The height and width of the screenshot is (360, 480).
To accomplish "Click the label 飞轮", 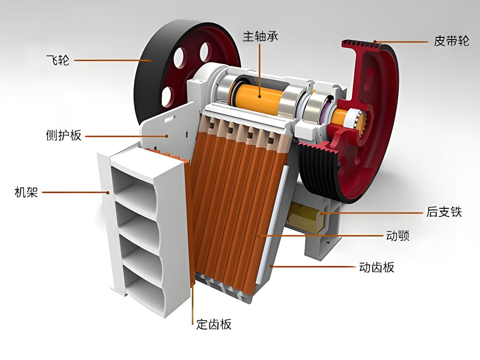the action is click(x=58, y=60).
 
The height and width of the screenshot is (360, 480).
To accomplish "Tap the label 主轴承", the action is click(x=261, y=36).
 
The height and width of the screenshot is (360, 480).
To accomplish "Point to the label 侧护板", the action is click(x=63, y=135).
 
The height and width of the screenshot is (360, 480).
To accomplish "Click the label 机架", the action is click(x=26, y=192).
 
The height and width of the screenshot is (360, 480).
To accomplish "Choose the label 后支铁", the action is click(x=444, y=212).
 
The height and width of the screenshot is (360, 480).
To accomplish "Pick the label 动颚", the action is click(x=397, y=236).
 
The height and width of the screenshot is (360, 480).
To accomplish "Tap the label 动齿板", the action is click(x=376, y=267).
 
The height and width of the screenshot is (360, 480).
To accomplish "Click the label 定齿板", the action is click(x=214, y=324).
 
